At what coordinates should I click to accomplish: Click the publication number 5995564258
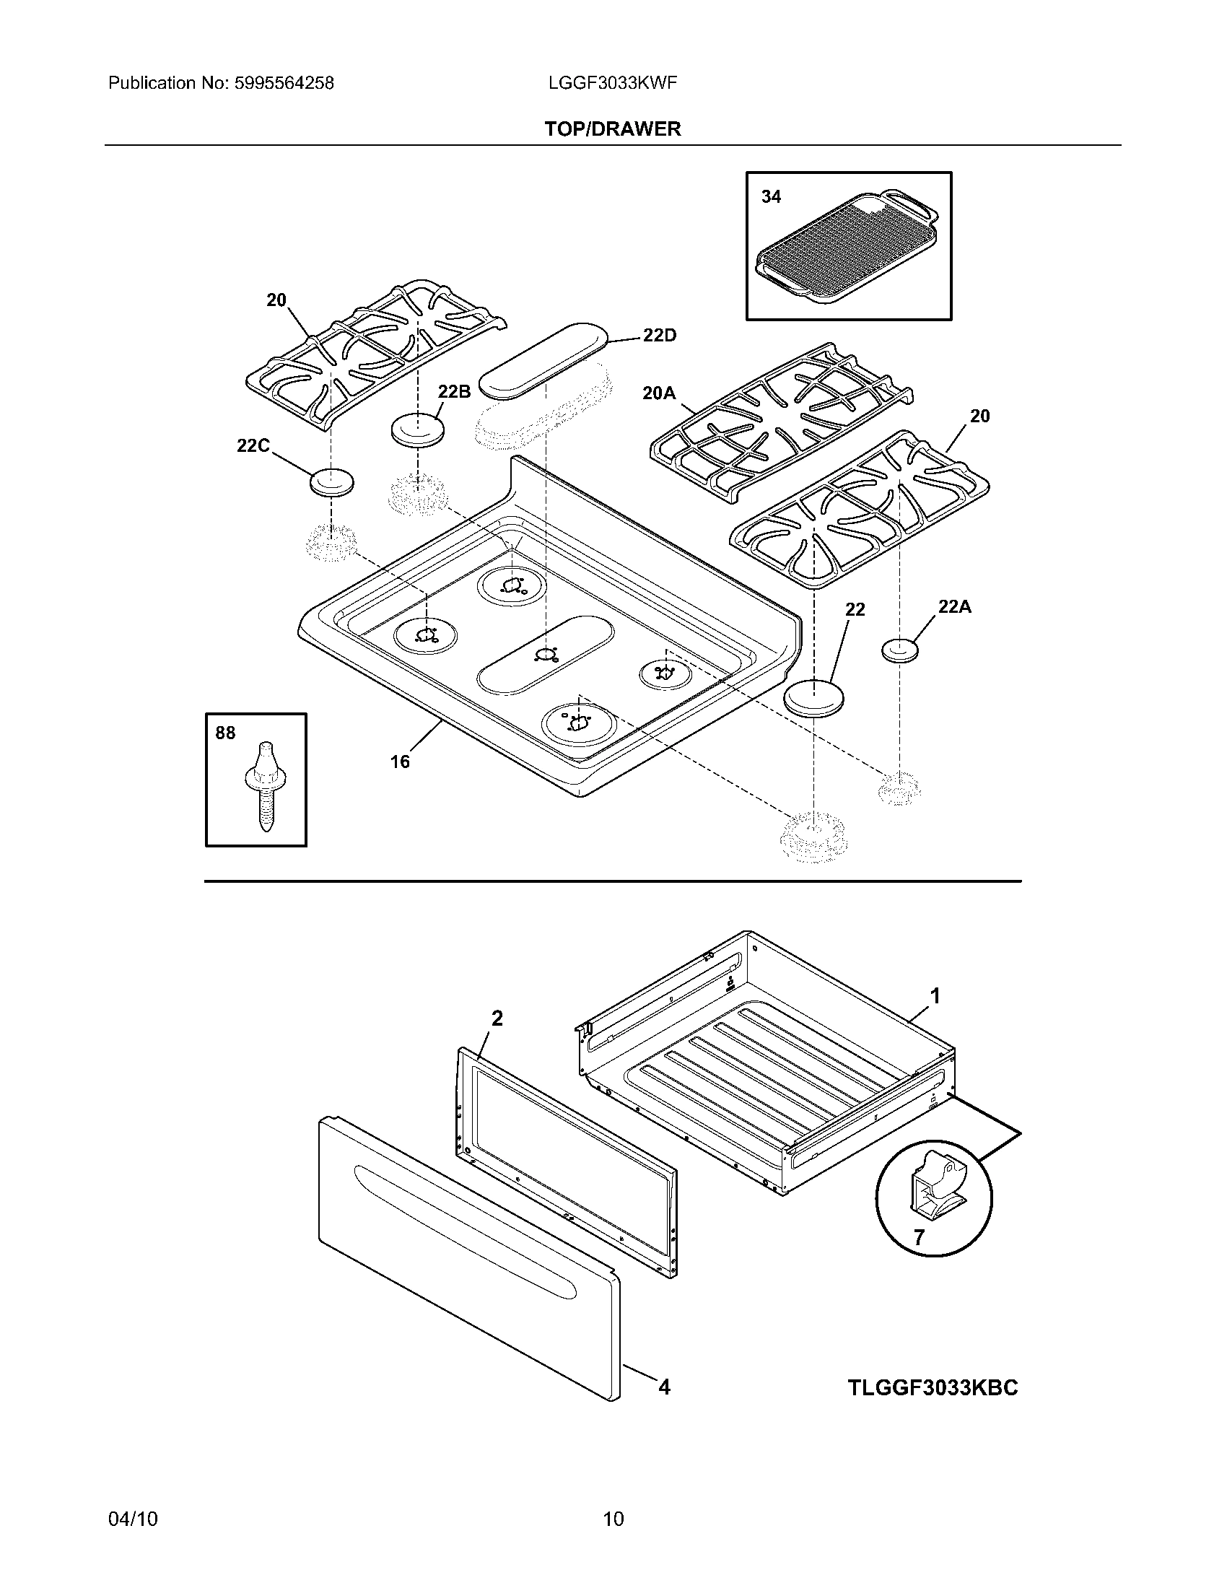point(284,84)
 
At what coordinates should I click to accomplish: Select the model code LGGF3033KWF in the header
point(613,84)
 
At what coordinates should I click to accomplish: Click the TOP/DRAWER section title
point(613,129)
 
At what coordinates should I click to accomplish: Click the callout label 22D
point(659,335)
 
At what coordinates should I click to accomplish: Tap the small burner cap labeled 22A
point(900,650)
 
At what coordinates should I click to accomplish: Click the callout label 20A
point(658,393)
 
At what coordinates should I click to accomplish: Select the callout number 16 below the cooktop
point(400,762)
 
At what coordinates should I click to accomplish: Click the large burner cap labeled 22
point(814,699)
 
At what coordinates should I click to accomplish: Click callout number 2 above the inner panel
point(497,1018)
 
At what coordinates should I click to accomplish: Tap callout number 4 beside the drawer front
point(663,1387)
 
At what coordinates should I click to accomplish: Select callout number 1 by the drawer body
point(935,996)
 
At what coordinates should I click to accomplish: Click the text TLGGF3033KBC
point(933,1388)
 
